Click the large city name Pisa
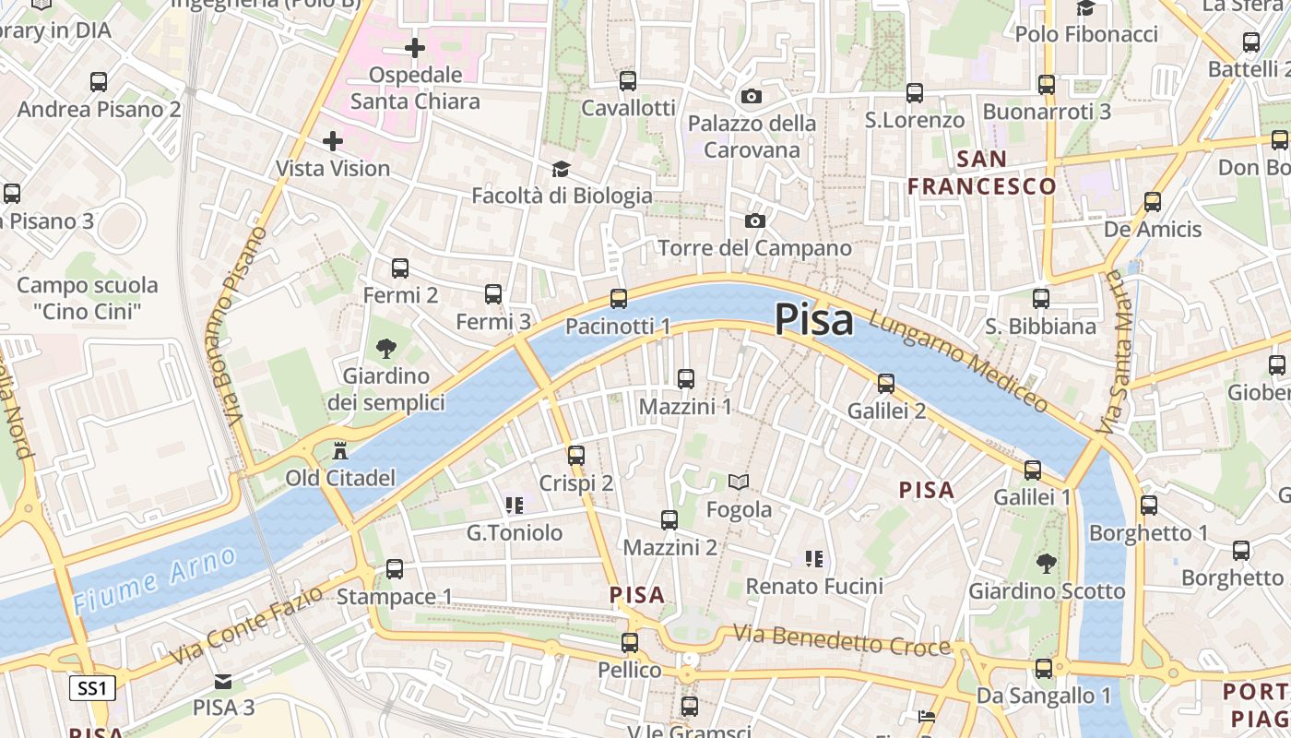[813, 320]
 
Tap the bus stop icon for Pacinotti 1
[619, 299]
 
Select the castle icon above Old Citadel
[340, 450]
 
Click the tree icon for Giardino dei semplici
[386, 349]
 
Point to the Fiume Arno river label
[155, 579]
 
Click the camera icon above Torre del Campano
[754, 220]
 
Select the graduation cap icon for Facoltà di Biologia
[561, 169]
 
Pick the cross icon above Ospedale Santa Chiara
[415, 47]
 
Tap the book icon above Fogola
[739, 482]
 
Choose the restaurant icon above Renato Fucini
[813, 558]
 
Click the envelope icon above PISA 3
[223, 682]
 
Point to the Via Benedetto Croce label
[841, 639]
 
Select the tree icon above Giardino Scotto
[1046, 563]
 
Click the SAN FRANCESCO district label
[981, 173]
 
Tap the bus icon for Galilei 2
[886, 383]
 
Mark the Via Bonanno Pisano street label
[238, 327]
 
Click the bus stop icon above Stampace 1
[395, 569]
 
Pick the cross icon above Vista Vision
[333, 141]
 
